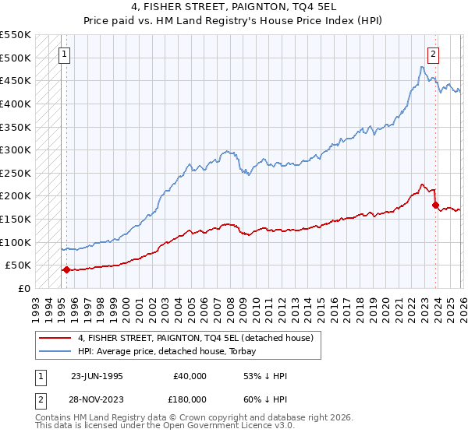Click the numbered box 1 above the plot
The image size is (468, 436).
tap(63, 54)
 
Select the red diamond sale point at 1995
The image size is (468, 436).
tap(66, 270)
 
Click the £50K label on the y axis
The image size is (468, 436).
tap(19, 265)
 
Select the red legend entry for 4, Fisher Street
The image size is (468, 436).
tap(195, 338)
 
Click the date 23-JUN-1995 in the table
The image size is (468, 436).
tap(97, 375)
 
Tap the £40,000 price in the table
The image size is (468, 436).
tap(190, 375)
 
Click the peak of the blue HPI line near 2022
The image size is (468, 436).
tap(422, 67)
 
